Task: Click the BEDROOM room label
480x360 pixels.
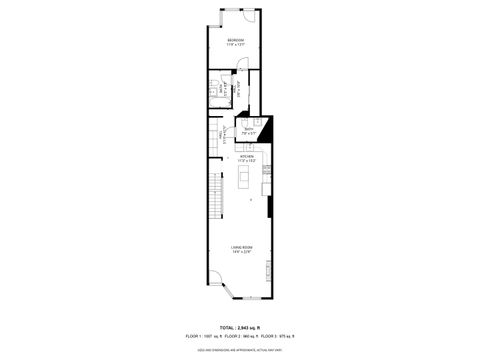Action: point(235,40)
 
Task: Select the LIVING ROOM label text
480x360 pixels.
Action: point(240,248)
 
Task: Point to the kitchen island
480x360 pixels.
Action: point(241,178)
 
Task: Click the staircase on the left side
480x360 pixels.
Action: point(213,195)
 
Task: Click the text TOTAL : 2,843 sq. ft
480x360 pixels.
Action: point(240,327)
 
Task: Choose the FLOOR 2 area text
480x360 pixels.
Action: point(241,337)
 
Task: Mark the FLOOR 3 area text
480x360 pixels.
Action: point(276,337)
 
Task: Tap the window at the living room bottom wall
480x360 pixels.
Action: point(252,299)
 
